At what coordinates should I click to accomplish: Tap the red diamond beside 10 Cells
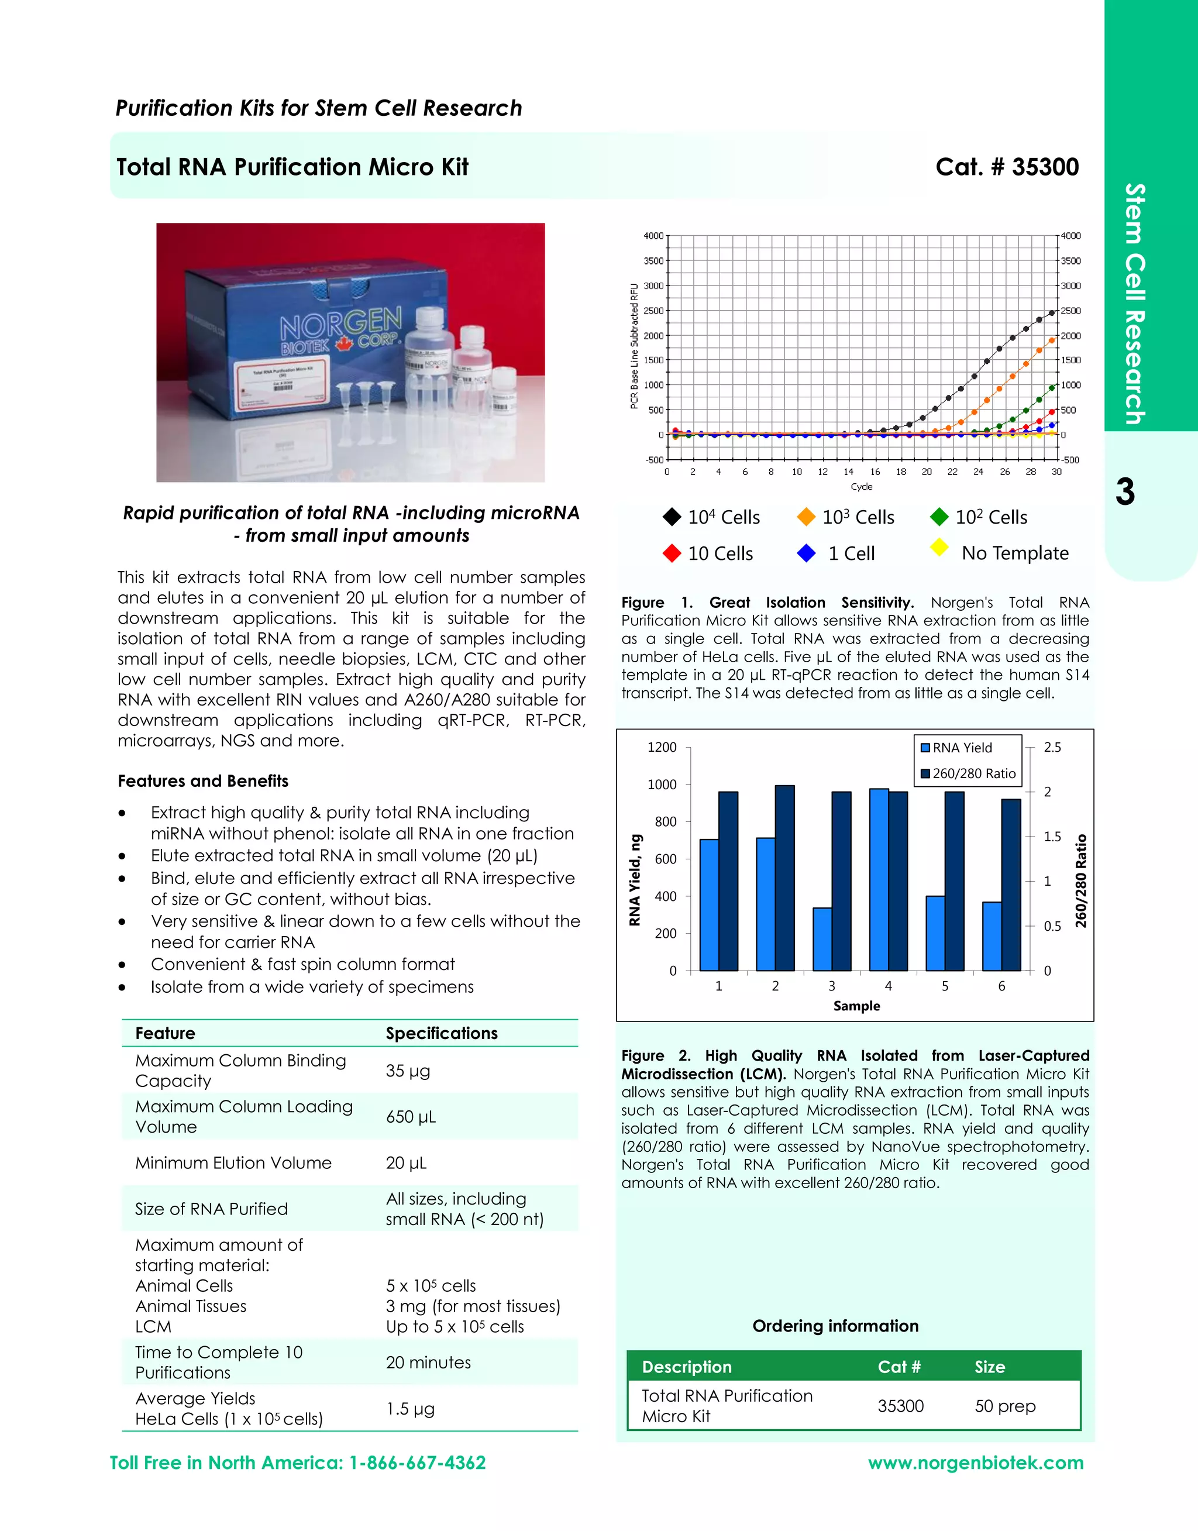(672, 553)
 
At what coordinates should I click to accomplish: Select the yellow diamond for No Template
(939, 547)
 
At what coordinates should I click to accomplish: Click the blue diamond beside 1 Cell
(806, 553)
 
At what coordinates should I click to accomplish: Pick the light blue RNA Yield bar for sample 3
(822, 939)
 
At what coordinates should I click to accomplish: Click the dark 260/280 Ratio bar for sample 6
(1011, 885)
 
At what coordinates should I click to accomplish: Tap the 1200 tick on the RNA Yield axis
(662, 748)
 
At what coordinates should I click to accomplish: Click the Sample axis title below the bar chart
(856, 1006)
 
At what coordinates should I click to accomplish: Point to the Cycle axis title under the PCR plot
(861, 487)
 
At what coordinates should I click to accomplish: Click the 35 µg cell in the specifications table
(408, 1071)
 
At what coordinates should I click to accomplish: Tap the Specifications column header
(441, 1033)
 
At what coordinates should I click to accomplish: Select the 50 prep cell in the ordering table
(1004, 1406)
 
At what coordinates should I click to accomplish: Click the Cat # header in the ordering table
(898, 1367)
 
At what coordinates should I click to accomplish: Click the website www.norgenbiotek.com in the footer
(975, 1463)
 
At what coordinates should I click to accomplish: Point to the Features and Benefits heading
(203, 781)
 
